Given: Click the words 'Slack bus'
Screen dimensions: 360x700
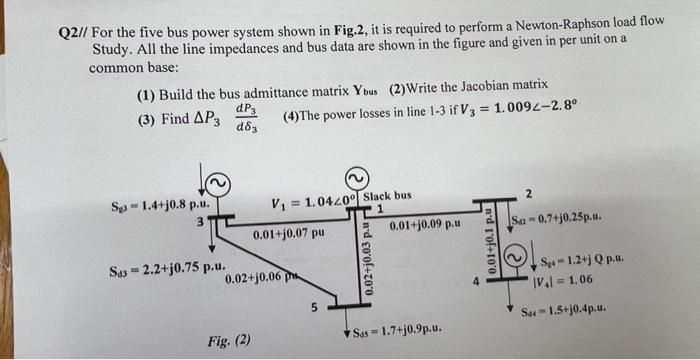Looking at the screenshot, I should pos(387,195).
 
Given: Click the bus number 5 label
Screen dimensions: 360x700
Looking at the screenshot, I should pos(313,309).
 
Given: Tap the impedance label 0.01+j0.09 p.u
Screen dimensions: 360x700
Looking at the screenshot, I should pos(426,226).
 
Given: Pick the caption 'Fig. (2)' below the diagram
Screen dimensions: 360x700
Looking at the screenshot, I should pos(230,340).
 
